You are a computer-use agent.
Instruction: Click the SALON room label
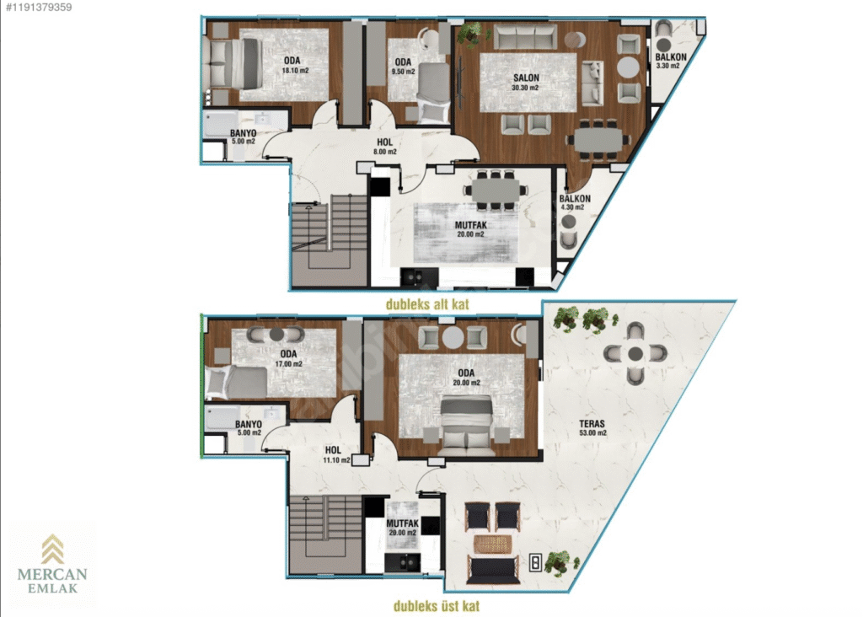pyautogui.click(x=526, y=78)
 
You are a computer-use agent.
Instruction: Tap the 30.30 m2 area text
pyautogui.click(x=525, y=88)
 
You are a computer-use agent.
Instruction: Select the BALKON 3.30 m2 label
pyautogui.click(x=670, y=61)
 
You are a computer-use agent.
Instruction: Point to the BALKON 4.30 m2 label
pyautogui.click(x=575, y=202)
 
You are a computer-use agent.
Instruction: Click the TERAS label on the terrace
pyautogui.click(x=592, y=424)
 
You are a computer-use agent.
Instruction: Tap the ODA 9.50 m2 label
pyautogui.click(x=403, y=67)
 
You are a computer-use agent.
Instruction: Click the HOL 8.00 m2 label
pyautogui.click(x=384, y=147)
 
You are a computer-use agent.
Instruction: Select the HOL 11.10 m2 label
pyautogui.click(x=335, y=454)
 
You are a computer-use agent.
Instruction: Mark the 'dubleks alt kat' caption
pyautogui.click(x=427, y=304)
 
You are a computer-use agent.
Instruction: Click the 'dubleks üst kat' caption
pyautogui.click(x=437, y=606)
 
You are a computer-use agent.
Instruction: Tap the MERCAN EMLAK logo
pyautogui.click(x=52, y=564)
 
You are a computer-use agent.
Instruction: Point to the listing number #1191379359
pyautogui.click(x=39, y=8)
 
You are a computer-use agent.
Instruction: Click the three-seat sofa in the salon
pyautogui.click(x=524, y=35)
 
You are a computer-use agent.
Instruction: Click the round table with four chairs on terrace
pyautogui.click(x=635, y=353)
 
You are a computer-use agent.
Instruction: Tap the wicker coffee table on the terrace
pyautogui.click(x=492, y=545)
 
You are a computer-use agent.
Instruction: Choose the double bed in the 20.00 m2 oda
pyautogui.click(x=466, y=421)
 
